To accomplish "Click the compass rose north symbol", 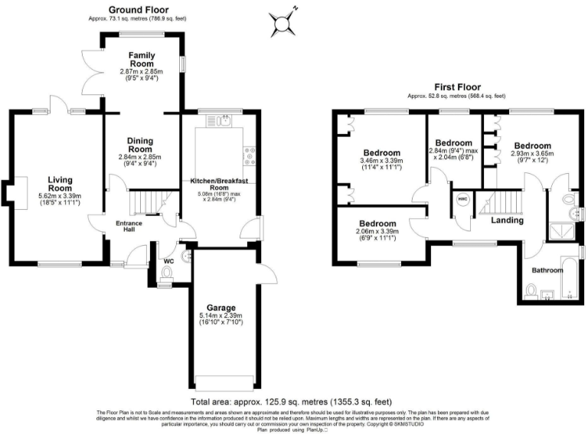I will click(285, 22).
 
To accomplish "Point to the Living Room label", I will click(60, 184).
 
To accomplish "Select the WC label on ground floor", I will click(169, 261).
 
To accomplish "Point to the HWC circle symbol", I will click(462, 199).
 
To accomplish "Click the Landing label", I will click(508, 220).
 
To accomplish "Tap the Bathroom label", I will click(550, 269).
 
